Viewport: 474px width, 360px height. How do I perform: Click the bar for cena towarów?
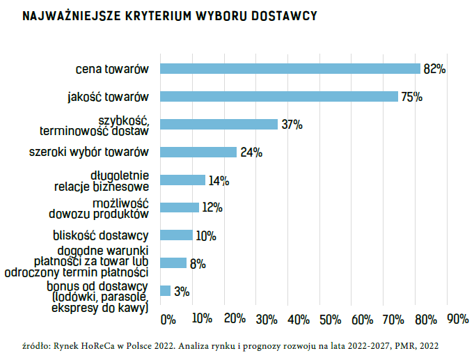(290, 68)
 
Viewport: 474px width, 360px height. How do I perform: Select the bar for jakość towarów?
(279, 96)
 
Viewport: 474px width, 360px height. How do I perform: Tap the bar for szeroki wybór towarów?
(198, 152)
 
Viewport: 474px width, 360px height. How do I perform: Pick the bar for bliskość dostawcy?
(176, 235)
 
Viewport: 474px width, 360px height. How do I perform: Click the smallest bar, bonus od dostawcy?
(166, 291)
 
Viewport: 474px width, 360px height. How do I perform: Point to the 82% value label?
(434, 69)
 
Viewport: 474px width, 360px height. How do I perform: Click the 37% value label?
(292, 125)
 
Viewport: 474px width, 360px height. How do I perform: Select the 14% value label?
(219, 181)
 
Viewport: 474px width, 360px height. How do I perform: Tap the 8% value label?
(198, 264)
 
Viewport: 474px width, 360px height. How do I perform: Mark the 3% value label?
(182, 292)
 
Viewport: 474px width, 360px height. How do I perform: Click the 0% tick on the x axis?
(168, 320)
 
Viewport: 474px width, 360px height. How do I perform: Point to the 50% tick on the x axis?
(330, 320)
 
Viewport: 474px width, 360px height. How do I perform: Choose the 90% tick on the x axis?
(457, 320)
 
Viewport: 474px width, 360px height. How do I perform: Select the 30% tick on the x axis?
(266, 320)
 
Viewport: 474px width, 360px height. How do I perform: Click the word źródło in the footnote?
(35, 345)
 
